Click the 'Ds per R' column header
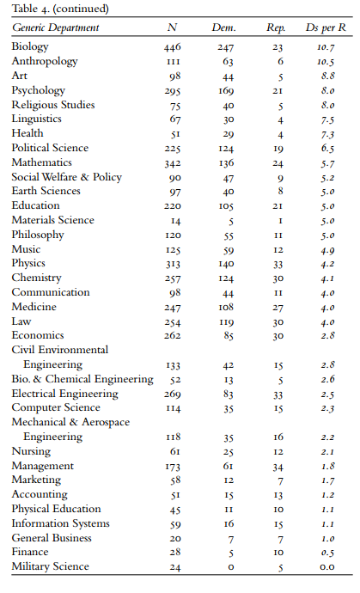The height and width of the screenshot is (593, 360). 326,28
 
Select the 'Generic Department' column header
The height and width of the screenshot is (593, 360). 55,28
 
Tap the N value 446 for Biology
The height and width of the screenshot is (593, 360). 173,47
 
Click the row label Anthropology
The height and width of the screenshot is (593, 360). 45,61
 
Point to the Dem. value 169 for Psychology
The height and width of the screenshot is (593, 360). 226,91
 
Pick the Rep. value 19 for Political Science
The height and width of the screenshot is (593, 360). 278,149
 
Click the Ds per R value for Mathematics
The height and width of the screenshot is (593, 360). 328,163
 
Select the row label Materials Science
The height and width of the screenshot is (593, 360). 53,220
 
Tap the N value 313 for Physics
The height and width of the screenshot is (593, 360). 173,264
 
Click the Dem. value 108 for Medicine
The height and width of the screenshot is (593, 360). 226,307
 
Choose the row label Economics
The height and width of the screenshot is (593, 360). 38,335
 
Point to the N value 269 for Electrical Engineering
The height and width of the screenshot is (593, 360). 173,394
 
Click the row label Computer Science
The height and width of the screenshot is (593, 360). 56,407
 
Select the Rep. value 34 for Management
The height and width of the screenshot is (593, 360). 278,467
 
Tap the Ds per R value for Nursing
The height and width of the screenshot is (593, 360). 328,452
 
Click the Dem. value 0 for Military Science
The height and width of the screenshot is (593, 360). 231,567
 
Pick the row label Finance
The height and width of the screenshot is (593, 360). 30,552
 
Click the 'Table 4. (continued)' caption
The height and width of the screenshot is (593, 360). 60,9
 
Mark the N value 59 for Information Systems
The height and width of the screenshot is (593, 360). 175,524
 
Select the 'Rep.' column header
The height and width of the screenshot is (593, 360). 276,28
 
